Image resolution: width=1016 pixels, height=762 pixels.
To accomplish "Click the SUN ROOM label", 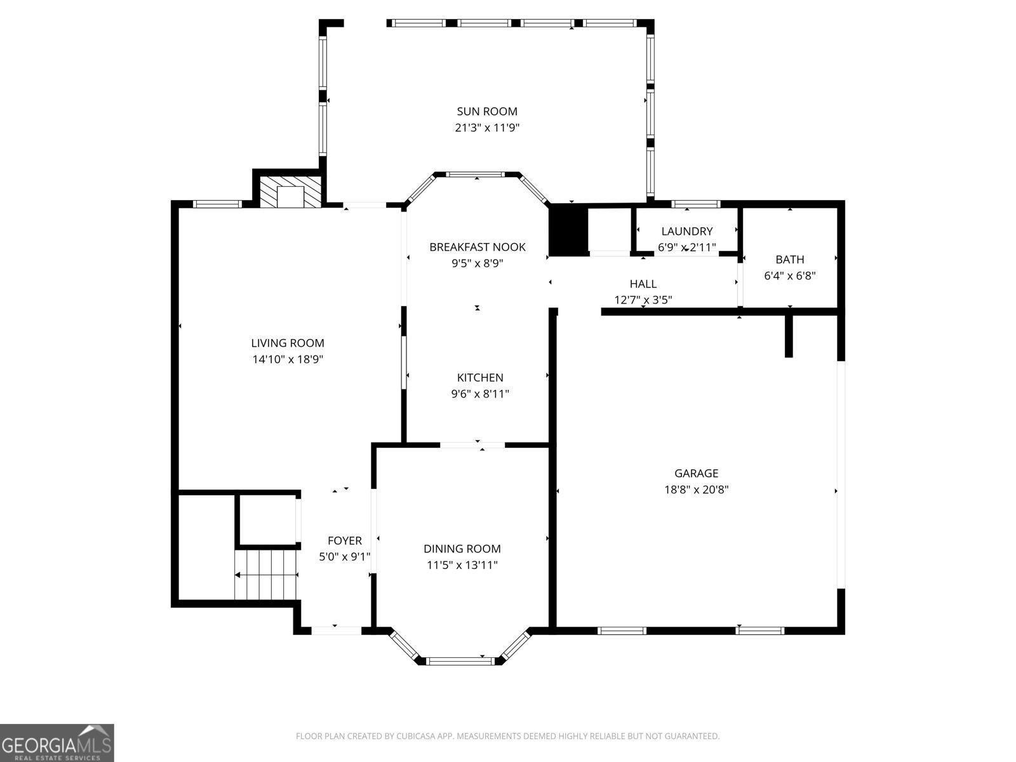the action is (487, 112).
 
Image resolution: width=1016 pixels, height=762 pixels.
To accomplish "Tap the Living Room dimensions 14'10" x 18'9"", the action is (288, 359).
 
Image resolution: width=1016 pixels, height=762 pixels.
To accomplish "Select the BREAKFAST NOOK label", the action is (478, 247).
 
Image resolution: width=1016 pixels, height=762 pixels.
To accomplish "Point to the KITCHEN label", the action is (480, 378).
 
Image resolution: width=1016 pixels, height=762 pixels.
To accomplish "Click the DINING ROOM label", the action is (462, 549).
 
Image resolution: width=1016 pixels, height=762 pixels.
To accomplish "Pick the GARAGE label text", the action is (696, 473).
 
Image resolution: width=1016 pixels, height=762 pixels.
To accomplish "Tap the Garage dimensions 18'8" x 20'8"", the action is (696, 490).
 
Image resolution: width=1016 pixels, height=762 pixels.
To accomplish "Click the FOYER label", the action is (344, 540).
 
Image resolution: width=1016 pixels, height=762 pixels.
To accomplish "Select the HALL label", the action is (643, 284).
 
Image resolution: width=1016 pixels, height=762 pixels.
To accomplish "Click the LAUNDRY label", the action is (687, 231).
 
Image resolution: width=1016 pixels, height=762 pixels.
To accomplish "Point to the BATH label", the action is (790, 260).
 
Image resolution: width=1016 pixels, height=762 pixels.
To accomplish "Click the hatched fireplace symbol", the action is (290, 192).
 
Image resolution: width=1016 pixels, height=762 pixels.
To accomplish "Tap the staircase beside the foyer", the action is (265, 575).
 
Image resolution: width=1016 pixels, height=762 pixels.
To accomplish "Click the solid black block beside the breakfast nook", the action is (568, 231).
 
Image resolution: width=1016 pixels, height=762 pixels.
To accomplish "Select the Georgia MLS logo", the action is (57, 742).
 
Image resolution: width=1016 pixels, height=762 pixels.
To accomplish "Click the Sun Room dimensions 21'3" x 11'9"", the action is (487, 128).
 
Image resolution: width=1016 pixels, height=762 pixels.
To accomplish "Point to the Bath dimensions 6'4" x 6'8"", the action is (790, 276).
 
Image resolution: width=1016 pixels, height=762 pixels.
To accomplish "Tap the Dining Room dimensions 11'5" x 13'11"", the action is (462, 565).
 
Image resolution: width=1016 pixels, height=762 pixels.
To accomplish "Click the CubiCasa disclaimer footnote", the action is (508, 736).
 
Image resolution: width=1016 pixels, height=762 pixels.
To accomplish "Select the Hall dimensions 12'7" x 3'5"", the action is (643, 300).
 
